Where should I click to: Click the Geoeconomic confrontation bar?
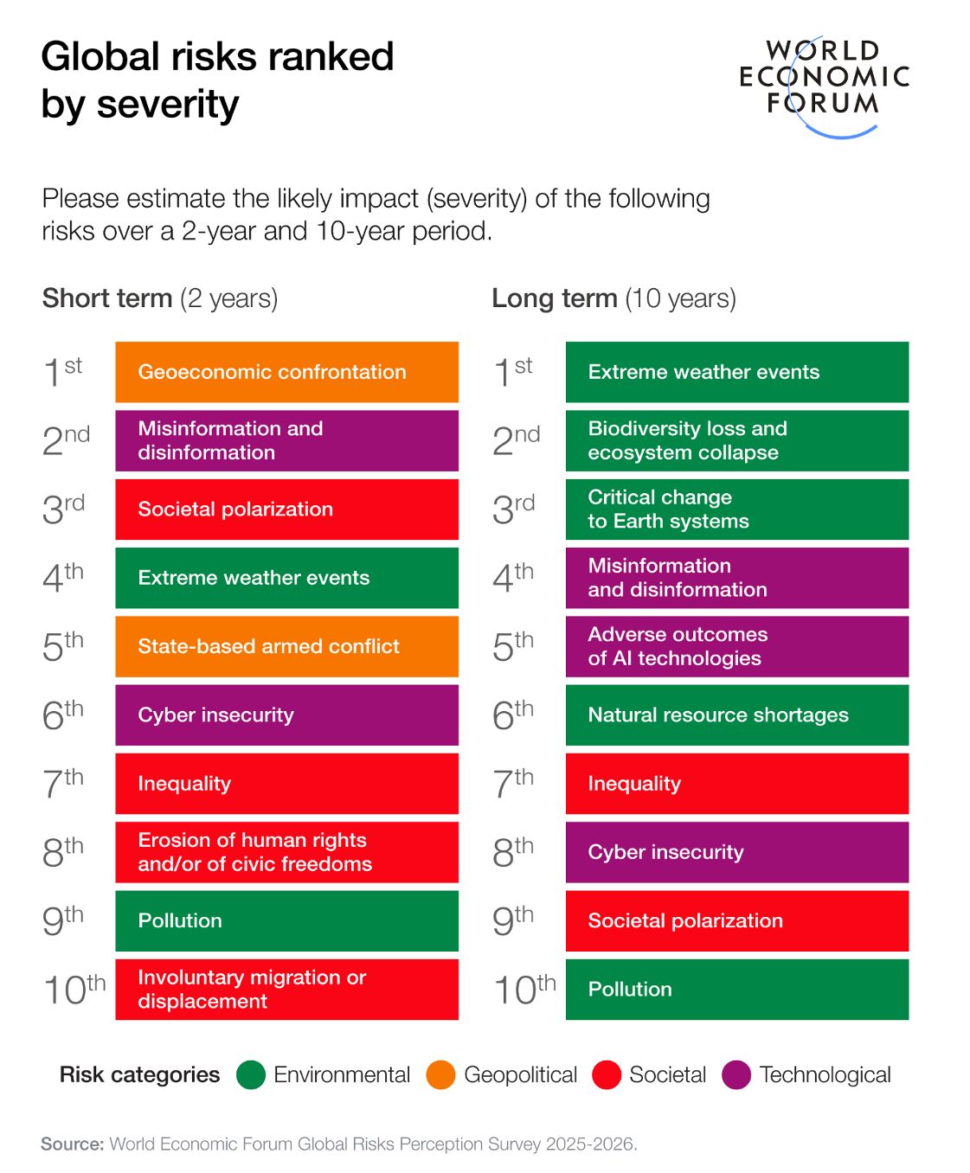[286, 372]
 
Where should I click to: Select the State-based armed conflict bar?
[286, 646]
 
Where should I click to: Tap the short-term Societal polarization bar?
[286, 510]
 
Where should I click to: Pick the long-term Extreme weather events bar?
[736, 372]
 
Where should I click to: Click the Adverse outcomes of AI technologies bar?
[736, 646]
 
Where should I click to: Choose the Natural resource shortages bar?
[736, 715]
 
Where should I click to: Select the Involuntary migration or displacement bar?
[286, 989]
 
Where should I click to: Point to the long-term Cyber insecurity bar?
[736, 852]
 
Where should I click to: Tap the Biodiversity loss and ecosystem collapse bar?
[736, 440]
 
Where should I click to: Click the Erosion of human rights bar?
[286, 852]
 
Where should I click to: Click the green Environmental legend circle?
[251, 1075]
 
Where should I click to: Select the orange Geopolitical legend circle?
[440, 1075]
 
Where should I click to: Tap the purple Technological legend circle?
[736, 1075]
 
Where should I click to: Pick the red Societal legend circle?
[607, 1075]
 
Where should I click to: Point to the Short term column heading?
[160, 298]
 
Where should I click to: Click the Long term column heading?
[613, 298]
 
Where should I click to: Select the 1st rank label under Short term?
[62, 372]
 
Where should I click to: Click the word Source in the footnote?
[72, 1144]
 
